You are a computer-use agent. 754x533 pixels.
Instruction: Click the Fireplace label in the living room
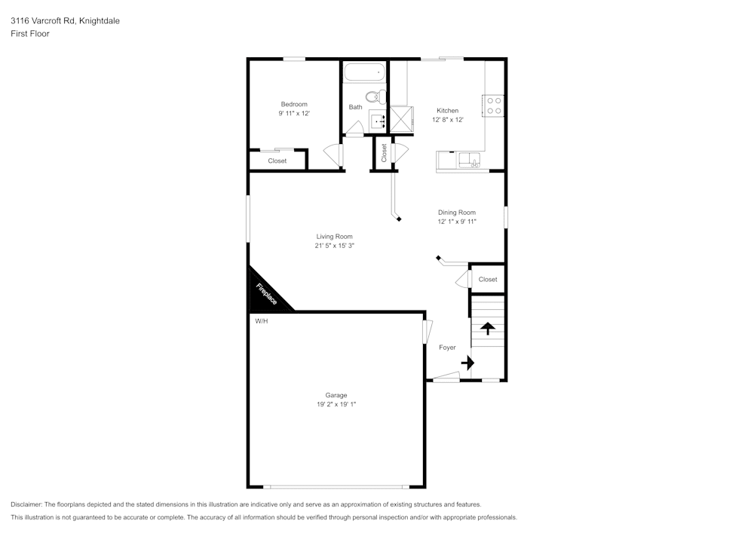266,294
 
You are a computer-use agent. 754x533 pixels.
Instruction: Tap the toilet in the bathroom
372,96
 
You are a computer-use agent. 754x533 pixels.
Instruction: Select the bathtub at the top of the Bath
364,74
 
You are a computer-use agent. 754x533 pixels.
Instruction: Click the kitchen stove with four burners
494,106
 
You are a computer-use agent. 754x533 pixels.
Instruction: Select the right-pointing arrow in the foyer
467,363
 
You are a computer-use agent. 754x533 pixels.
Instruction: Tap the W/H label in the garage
262,321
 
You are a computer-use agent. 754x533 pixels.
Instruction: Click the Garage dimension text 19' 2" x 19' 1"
336,404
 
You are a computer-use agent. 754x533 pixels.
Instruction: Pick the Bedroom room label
294,104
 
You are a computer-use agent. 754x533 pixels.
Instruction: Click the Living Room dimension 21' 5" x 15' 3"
334,245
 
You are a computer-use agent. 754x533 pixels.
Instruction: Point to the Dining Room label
457,213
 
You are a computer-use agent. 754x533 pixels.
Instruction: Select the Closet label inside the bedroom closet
277,161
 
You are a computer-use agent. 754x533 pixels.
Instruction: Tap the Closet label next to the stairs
488,279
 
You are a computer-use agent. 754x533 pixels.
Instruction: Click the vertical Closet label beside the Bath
384,153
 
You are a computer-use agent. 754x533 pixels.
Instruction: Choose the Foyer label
447,348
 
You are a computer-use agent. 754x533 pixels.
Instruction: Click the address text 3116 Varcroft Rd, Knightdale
65,21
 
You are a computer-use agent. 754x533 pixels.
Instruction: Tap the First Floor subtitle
30,34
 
